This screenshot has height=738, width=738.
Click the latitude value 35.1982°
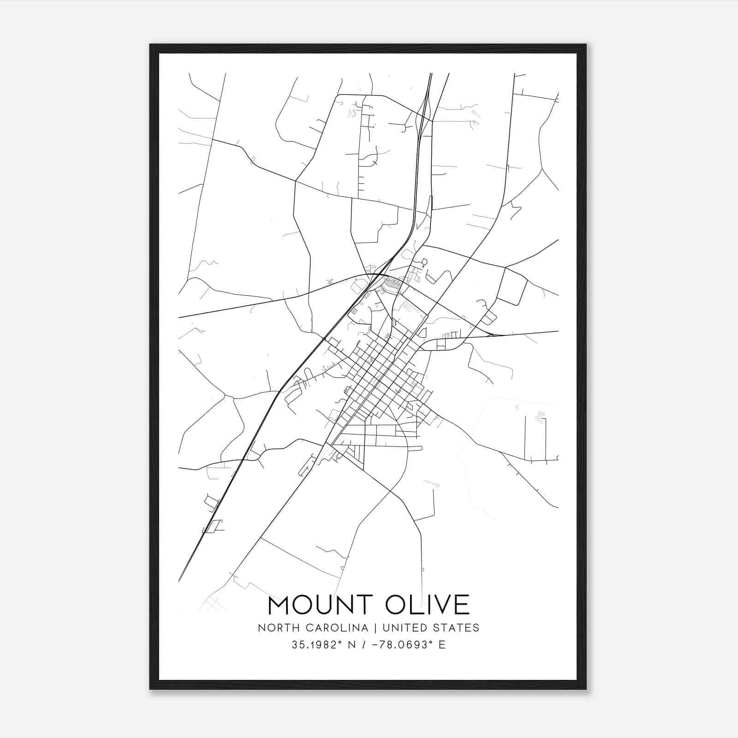coord(313,645)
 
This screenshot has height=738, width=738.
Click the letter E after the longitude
coord(442,645)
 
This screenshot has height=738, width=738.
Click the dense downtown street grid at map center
coord(378,374)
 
